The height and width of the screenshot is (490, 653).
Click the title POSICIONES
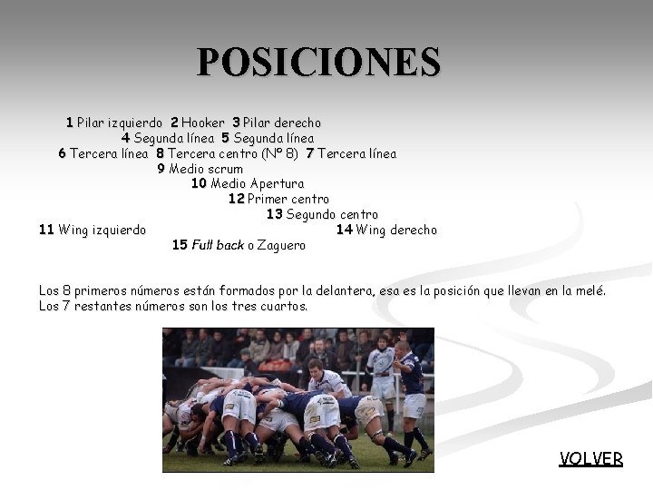pyautogui.click(x=319, y=63)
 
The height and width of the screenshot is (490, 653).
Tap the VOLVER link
pyautogui.click(x=591, y=458)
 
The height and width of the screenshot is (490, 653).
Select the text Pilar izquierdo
pyautogui.click(x=120, y=122)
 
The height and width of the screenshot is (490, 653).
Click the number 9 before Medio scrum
pyautogui.click(x=161, y=169)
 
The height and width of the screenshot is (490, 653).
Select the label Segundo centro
pyautogui.click(x=332, y=215)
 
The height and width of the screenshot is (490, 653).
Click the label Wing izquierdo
pyautogui.click(x=102, y=230)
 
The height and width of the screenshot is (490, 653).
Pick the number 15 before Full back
pyautogui.click(x=180, y=245)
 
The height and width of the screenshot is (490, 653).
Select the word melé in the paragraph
pyautogui.click(x=590, y=290)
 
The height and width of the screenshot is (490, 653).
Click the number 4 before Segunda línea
pyautogui.click(x=125, y=138)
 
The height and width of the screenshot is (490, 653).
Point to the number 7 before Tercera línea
pyautogui.click(x=310, y=153)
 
